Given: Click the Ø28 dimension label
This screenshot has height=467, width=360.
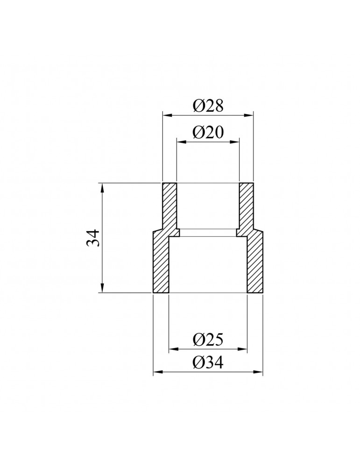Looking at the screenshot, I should (x=208, y=106).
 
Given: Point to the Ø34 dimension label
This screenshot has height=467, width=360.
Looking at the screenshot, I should (x=208, y=362).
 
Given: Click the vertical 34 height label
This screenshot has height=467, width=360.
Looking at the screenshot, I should (x=92, y=238).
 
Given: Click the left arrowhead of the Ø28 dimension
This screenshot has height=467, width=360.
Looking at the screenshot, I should (x=166, y=114).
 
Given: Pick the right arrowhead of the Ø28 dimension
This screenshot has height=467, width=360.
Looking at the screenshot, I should (x=249, y=114).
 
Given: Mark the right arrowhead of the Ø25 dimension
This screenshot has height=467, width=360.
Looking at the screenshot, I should (x=243, y=348).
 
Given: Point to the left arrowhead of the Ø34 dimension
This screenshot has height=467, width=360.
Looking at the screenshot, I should (x=157, y=372).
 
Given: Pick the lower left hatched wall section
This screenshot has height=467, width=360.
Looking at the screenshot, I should (x=161, y=264).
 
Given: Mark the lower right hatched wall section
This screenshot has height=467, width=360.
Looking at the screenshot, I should (x=255, y=264).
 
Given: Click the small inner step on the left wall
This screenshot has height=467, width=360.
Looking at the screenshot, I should (x=178, y=233).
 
